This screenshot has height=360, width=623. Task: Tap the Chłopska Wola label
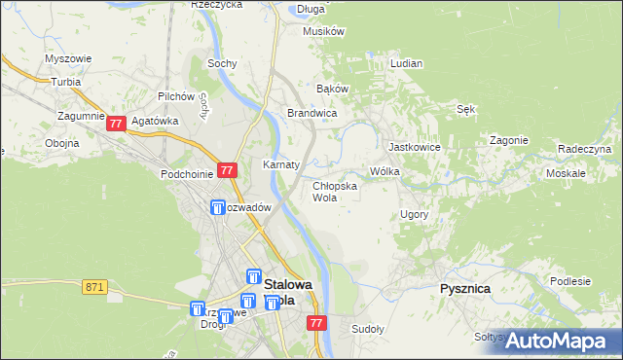point(334,191)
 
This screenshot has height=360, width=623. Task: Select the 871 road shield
point(94,287)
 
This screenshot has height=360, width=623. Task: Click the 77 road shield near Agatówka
point(117,124)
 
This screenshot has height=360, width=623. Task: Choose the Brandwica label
point(311,113)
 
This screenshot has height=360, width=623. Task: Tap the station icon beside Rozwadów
point(218,207)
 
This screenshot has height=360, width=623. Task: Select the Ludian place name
point(406,63)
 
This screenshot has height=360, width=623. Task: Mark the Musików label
point(324,31)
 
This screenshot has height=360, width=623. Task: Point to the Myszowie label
point(68,58)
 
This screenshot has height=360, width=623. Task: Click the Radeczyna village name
point(584,149)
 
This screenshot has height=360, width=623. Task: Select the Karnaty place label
point(280,164)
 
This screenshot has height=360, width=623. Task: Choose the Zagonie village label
point(508,140)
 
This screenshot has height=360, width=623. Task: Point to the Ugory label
point(414,213)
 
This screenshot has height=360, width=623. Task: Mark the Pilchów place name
point(178,97)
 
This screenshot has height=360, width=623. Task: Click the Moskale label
point(566,172)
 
